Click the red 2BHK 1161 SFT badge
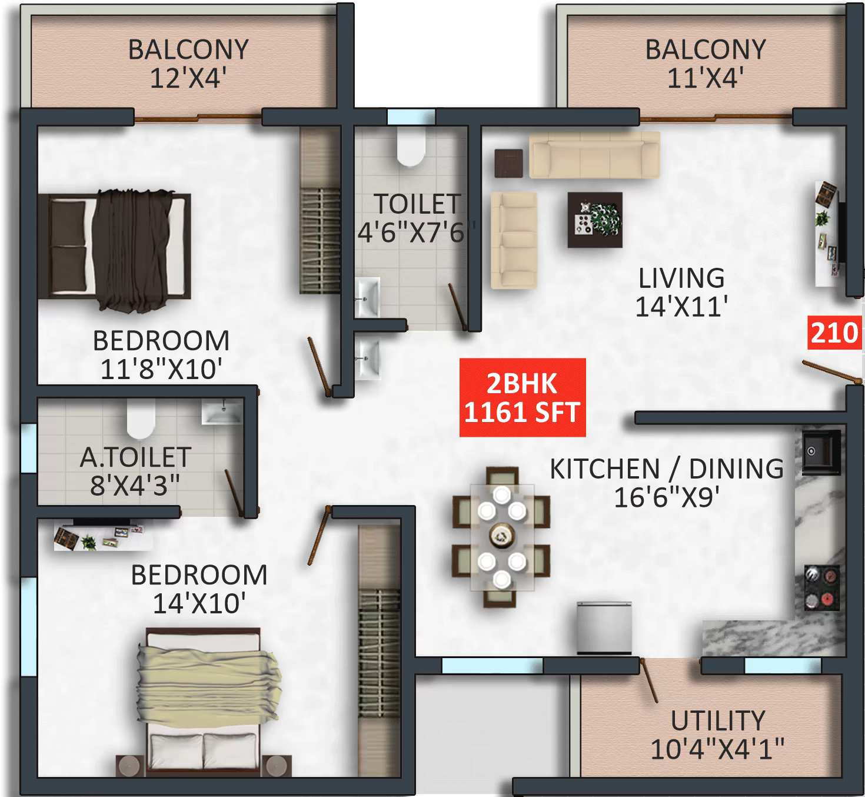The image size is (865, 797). coord(522,397)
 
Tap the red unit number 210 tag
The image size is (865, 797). coord(834,333)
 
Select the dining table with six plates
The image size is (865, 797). coord(501,537)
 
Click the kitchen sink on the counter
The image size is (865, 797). coord(821,451)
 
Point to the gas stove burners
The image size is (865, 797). coord(821,587)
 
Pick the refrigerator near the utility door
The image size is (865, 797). coord(604,627)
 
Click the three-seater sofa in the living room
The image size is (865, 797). coord(594,154)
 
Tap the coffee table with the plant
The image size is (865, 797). coord(595,220)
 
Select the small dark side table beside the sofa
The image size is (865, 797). coord(508,163)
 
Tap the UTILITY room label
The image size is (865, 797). coord(717,721)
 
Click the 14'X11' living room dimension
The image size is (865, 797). coord(681,307)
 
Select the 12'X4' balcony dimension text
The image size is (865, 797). coord(188,78)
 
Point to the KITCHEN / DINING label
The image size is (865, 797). coord(667,469)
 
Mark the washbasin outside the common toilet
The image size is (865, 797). coord(368,357)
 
